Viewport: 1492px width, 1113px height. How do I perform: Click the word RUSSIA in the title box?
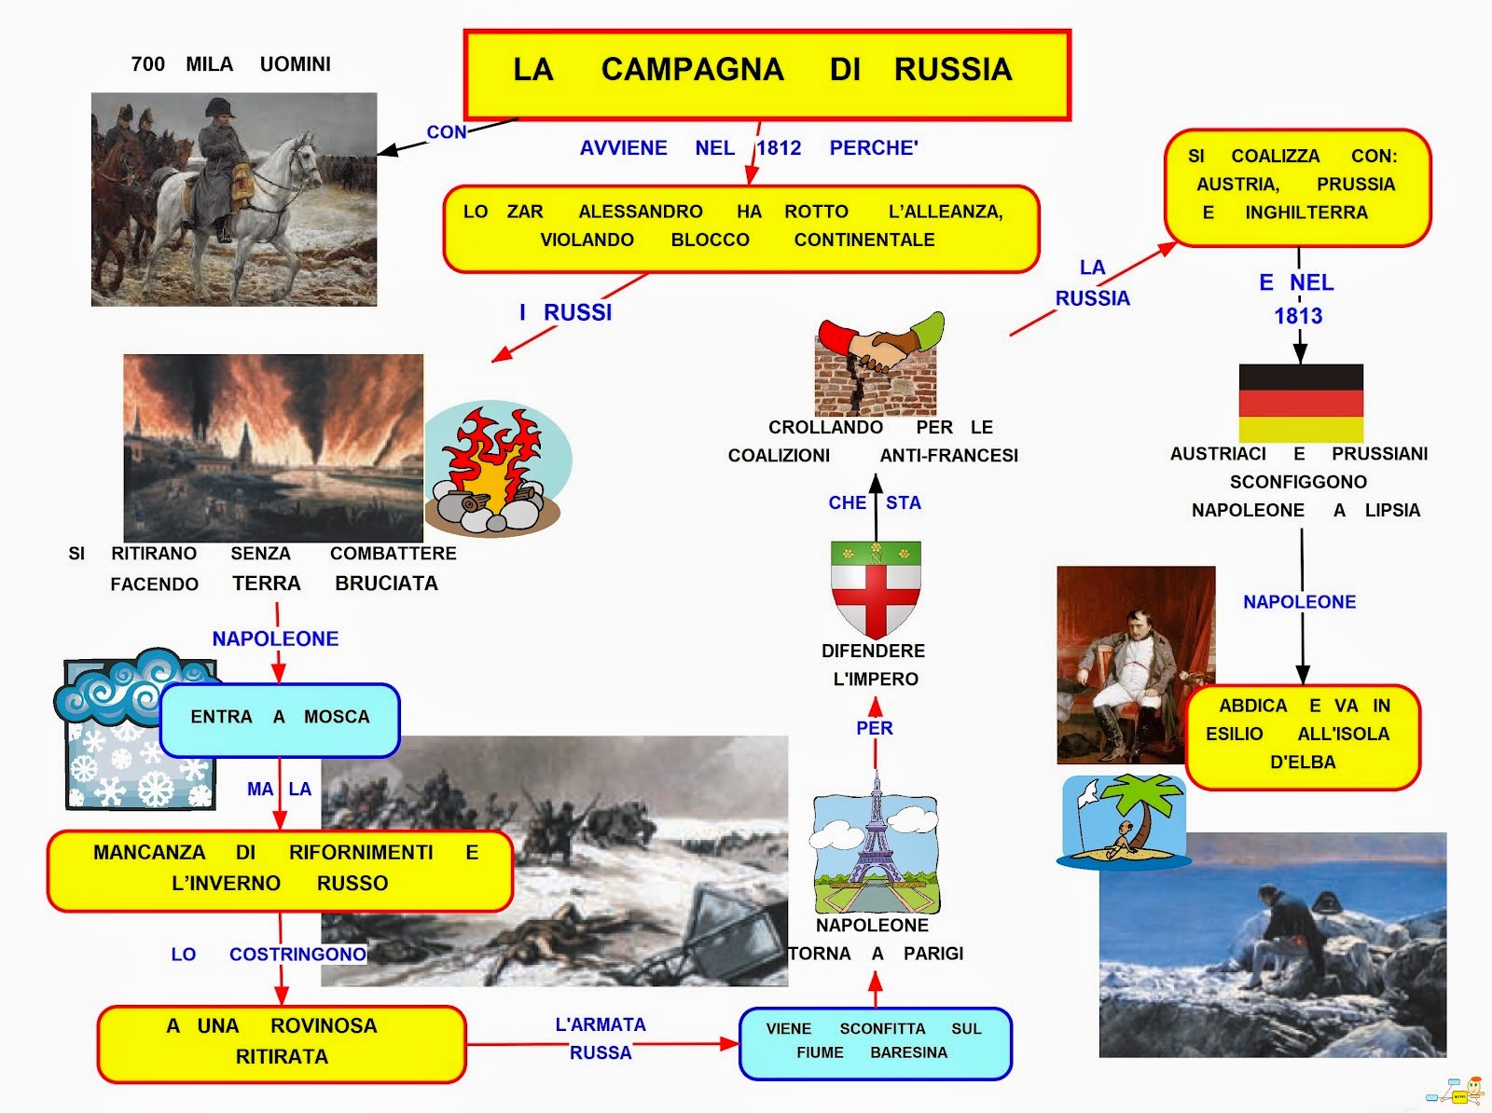click(952, 70)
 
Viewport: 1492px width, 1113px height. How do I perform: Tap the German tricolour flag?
click(1301, 403)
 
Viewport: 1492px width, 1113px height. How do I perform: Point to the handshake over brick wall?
click(877, 364)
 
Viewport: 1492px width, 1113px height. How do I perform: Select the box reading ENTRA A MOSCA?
click(280, 718)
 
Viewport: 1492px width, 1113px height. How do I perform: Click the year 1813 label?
click(1298, 316)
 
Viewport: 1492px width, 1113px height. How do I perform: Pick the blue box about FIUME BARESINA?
click(875, 1042)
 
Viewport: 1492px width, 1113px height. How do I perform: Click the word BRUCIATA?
click(386, 584)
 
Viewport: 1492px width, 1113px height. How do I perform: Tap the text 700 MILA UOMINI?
click(230, 64)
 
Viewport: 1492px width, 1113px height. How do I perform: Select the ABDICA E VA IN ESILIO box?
click(1302, 735)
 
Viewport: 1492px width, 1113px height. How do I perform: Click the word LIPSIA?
click(1392, 511)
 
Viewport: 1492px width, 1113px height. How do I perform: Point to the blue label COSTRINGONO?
click(297, 955)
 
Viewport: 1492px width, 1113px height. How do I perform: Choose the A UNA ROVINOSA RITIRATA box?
click(281, 1042)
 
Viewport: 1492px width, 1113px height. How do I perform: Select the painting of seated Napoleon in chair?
click(1136, 664)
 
